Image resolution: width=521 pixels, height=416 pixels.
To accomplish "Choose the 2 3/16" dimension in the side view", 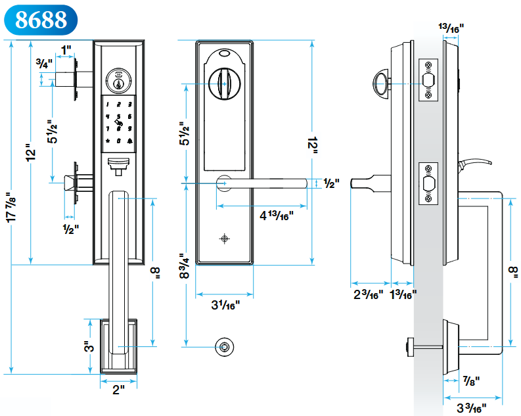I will coord(367,294).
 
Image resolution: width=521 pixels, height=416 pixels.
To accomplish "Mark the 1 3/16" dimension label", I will coord(403,294).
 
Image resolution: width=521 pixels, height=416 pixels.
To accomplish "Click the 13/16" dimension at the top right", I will coord(451,28).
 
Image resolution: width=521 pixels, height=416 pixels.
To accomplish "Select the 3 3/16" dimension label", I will coord(471,407).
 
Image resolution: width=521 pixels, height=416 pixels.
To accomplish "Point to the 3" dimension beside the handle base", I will coord(89,346).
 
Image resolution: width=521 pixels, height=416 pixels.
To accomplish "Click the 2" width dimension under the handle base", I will coord(118,390).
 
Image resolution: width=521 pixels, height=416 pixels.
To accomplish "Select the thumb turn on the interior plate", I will coord(223,83).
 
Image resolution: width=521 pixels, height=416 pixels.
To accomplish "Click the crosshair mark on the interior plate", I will coord(225,238).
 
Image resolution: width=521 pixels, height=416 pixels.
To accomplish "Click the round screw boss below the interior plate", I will coord(225,346).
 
